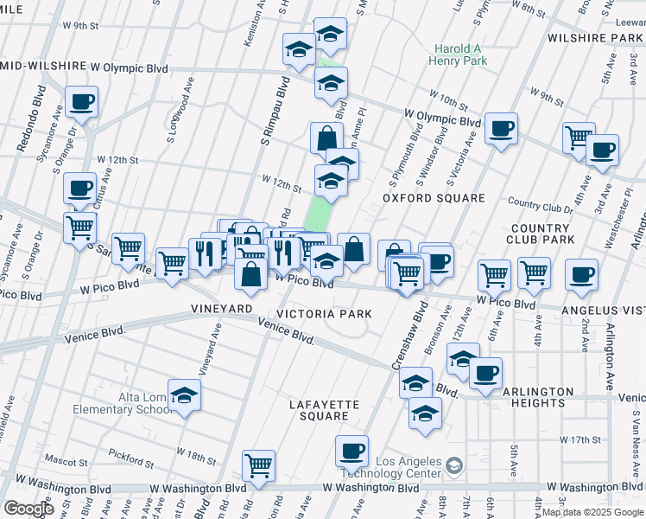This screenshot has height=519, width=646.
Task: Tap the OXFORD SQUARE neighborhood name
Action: point(434,198)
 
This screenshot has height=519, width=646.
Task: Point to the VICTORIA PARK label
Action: point(324,314)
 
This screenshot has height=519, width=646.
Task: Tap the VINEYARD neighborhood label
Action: point(221,309)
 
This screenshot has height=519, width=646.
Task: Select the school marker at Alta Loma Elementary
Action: point(183,395)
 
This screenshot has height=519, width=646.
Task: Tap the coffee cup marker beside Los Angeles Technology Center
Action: point(351,450)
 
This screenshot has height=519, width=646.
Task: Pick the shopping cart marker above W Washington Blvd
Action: point(258,465)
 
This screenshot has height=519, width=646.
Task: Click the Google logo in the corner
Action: point(28,508)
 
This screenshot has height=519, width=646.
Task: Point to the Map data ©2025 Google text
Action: point(592,512)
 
